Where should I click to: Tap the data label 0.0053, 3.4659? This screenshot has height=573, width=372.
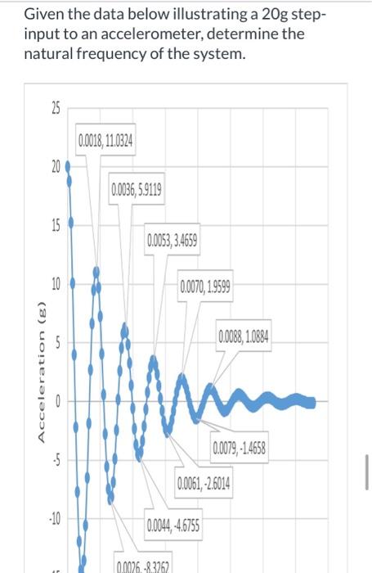pos(171,241)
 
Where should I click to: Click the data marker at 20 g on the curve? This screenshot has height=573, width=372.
pos(68,164)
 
